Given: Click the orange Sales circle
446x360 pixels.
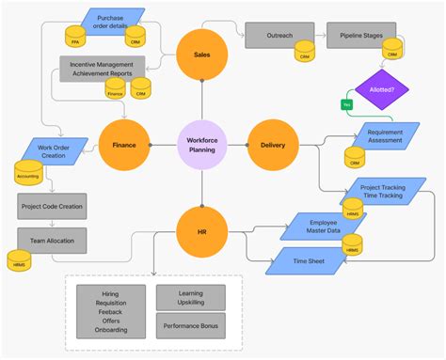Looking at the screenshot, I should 201,55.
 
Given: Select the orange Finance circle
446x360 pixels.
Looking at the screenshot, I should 124,146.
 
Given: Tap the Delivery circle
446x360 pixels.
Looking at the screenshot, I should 272,146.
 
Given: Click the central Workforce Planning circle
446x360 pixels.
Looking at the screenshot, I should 201,146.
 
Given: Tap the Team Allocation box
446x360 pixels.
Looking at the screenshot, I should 52,241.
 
